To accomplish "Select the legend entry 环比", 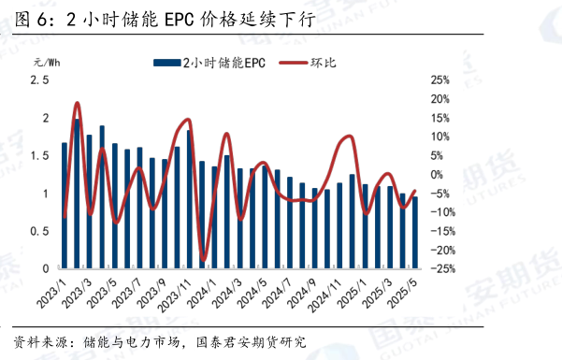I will point(324,63).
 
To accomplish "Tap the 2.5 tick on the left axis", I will point(40,80).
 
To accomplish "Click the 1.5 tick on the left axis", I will point(40,155).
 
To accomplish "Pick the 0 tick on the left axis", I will point(47,268).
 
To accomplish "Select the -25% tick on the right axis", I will point(443,268).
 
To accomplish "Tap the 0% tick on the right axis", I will point(438,175).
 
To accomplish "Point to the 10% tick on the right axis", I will point(440,137).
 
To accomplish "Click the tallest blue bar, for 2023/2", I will point(77,194).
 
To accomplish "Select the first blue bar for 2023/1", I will point(65,205).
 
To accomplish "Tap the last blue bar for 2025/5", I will point(414,232).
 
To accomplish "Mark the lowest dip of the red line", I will point(203,259).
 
